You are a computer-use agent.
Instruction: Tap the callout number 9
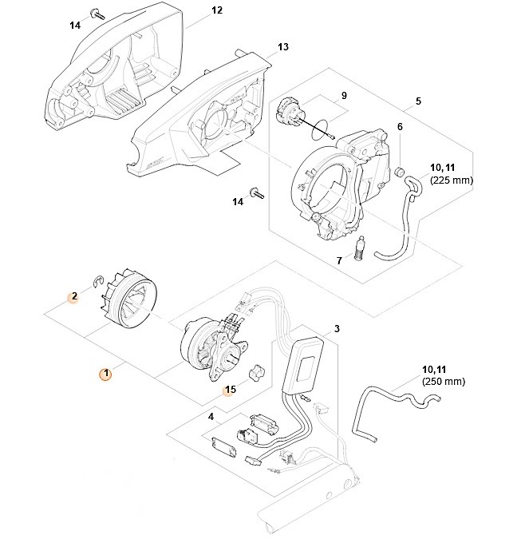coord(344,96)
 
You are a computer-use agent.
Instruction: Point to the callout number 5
coord(417,102)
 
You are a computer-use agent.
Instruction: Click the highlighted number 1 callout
coord(103,373)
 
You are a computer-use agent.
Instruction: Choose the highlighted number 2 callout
coord(73,296)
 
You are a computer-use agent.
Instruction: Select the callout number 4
coord(211,417)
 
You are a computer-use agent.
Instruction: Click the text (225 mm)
coord(452,181)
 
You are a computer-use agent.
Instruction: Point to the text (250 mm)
coord(443,382)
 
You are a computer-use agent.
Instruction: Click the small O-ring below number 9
coord(321,125)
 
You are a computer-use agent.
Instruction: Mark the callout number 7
coord(338,260)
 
